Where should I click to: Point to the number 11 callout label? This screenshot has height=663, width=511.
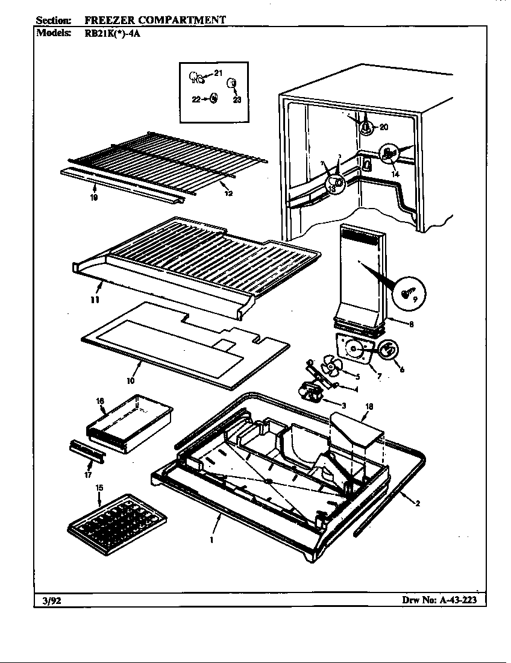[93, 300]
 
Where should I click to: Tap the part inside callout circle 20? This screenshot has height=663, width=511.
[365, 127]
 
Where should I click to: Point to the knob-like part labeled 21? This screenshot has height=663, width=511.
[196, 77]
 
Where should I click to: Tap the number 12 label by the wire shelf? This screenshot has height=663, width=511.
[227, 193]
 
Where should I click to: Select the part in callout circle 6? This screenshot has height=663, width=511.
[388, 348]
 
